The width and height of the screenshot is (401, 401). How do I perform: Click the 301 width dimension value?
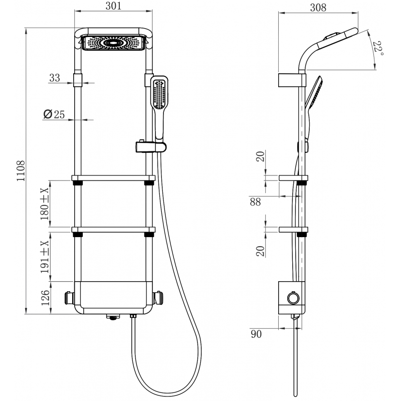[113, 7]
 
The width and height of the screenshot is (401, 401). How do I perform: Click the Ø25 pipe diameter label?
[55, 115]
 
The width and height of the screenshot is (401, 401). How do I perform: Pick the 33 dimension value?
[55, 78]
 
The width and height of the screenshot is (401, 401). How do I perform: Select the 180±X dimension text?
[45, 205]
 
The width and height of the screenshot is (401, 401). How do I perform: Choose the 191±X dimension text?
[45, 256]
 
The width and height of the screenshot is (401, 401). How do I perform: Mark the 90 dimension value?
[257, 334]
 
